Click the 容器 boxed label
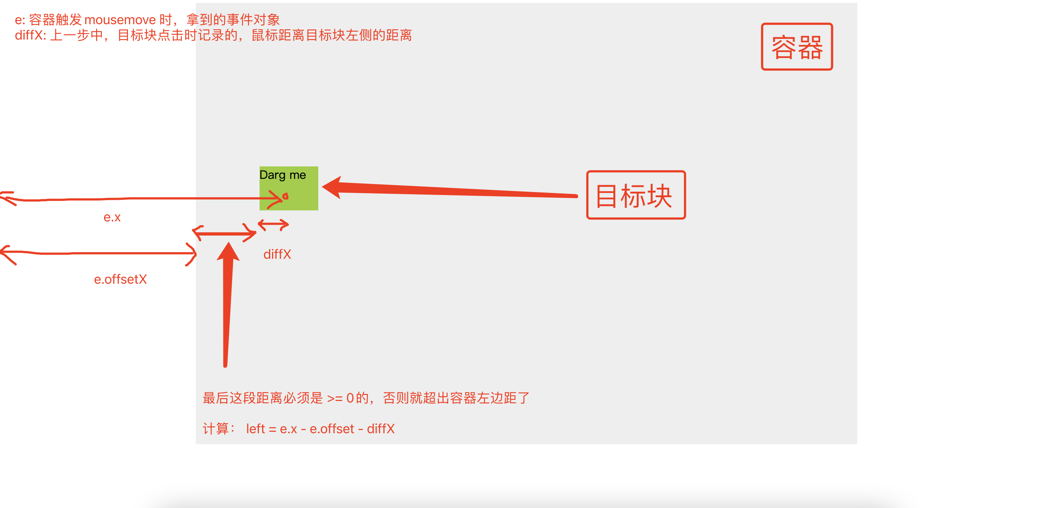coord(796,47)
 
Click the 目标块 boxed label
coord(636,195)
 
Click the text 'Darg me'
coord(282,175)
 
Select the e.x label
coord(112,217)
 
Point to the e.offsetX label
coord(120,280)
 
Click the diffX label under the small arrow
coord(277,255)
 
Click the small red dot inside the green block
coord(285,196)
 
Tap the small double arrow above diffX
coord(273,224)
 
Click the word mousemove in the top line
coord(120,20)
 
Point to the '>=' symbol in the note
coord(335,398)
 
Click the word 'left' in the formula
coord(256,429)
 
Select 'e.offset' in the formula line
coord(331,429)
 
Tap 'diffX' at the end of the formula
coord(381,429)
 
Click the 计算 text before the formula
coord(216,429)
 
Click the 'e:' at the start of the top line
coord(20,20)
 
